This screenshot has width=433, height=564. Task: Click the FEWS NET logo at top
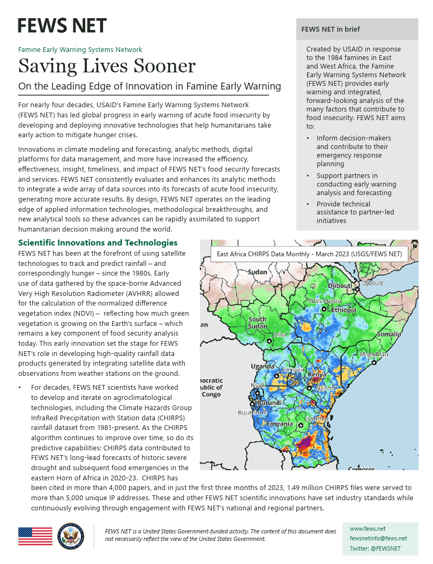62,25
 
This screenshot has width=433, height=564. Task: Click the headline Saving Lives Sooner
107,66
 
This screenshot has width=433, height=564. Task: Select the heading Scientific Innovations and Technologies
98,243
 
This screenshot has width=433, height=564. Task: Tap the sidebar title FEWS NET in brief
331,29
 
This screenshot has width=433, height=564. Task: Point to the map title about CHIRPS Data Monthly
309,255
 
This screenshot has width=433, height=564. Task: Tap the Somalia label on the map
389,334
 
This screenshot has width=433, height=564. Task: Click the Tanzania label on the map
280,424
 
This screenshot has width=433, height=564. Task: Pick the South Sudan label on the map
257,323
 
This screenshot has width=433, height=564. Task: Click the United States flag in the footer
35,536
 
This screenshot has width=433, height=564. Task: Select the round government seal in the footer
71,536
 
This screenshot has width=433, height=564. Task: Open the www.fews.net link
367,529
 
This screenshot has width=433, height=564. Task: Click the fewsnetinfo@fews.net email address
378,538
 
